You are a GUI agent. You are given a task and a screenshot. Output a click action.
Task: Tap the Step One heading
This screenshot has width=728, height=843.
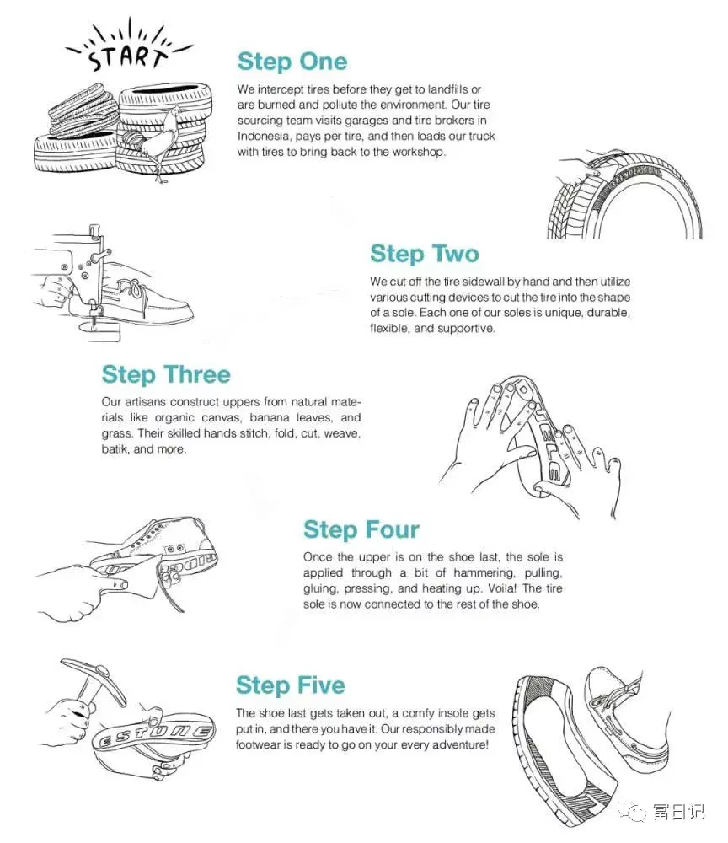click(x=292, y=62)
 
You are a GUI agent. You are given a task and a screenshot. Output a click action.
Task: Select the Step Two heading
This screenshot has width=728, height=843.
click(x=425, y=254)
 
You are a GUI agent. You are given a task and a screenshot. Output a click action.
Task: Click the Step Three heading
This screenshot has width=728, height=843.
click(x=166, y=375)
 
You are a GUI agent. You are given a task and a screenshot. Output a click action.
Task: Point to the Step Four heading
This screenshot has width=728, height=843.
click(x=361, y=530)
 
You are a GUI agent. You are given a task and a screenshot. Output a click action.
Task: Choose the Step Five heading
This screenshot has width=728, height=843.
click(x=290, y=686)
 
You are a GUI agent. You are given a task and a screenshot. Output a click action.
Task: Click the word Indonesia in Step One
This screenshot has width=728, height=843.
click(x=264, y=136)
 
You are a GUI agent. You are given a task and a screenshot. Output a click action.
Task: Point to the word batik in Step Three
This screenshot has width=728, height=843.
click(x=115, y=449)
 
